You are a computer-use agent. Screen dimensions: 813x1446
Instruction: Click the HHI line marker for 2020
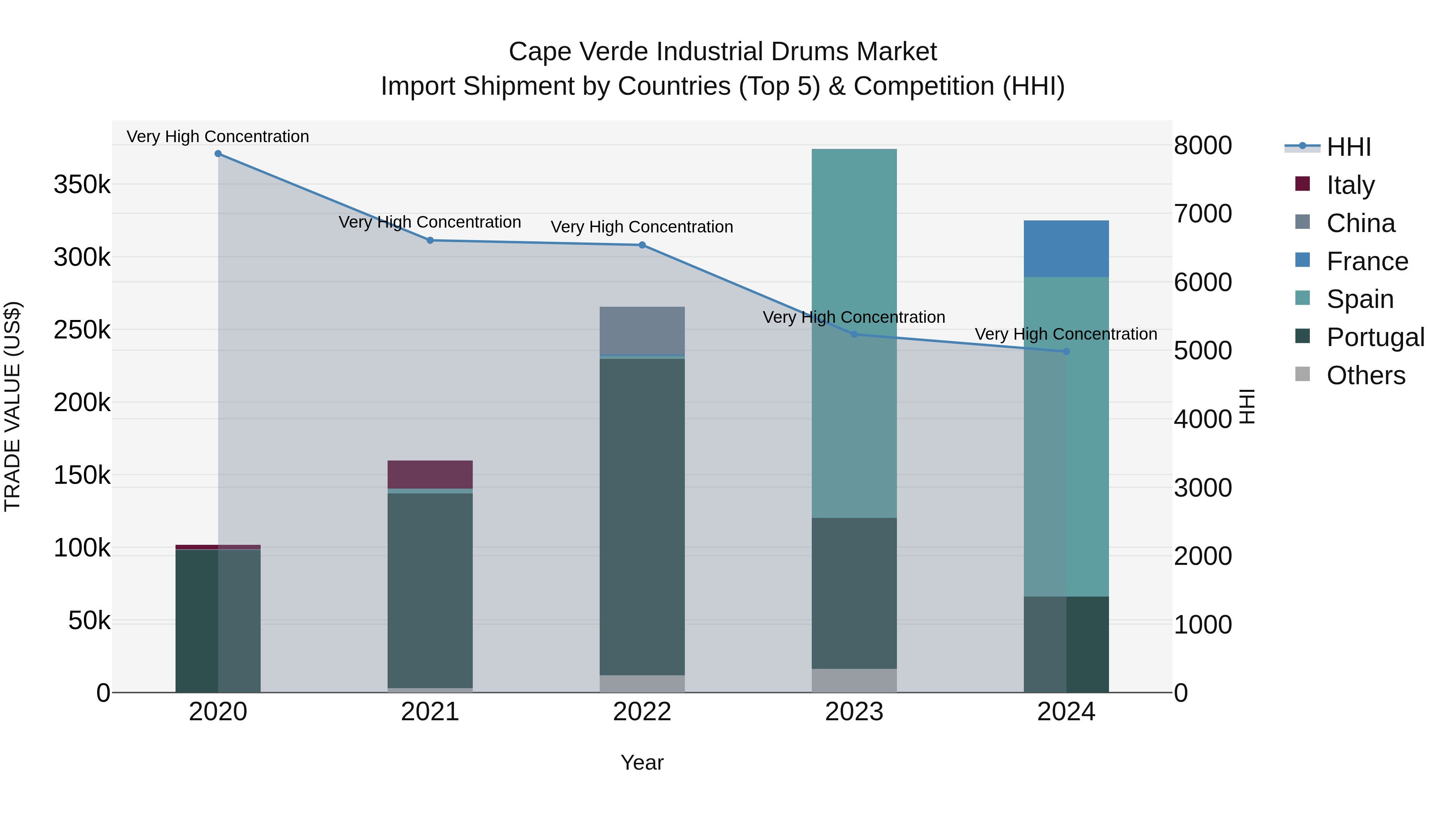(x=219, y=154)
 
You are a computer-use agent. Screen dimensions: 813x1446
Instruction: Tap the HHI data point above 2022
(x=642, y=245)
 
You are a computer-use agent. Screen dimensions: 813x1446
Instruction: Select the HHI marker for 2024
(x=1066, y=352)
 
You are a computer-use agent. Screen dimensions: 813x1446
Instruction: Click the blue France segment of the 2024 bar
(x=1066, y=249)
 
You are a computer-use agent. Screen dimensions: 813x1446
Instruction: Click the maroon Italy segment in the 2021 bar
(x=430, y=475)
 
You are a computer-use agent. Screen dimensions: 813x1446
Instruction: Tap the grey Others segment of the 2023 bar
(x=854, y=680)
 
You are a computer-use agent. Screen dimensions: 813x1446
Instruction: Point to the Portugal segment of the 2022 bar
(x=642, y=516)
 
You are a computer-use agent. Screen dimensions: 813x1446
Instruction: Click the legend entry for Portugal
(x=1375, y=337)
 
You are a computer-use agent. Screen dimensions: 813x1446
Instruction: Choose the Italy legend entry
(x=1350, y=185)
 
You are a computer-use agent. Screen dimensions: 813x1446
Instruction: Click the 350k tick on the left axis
(x=82, y=185)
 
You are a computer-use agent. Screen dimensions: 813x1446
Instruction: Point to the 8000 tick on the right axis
(x=1202, y=145)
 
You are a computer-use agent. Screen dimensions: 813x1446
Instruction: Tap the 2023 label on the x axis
(x=854, y=712)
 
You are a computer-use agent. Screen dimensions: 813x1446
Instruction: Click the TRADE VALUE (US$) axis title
(x=13, y=406)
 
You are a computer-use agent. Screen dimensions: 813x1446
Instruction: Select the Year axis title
(x=642, y=762)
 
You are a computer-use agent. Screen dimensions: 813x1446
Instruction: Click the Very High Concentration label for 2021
(x=430, y=222)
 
